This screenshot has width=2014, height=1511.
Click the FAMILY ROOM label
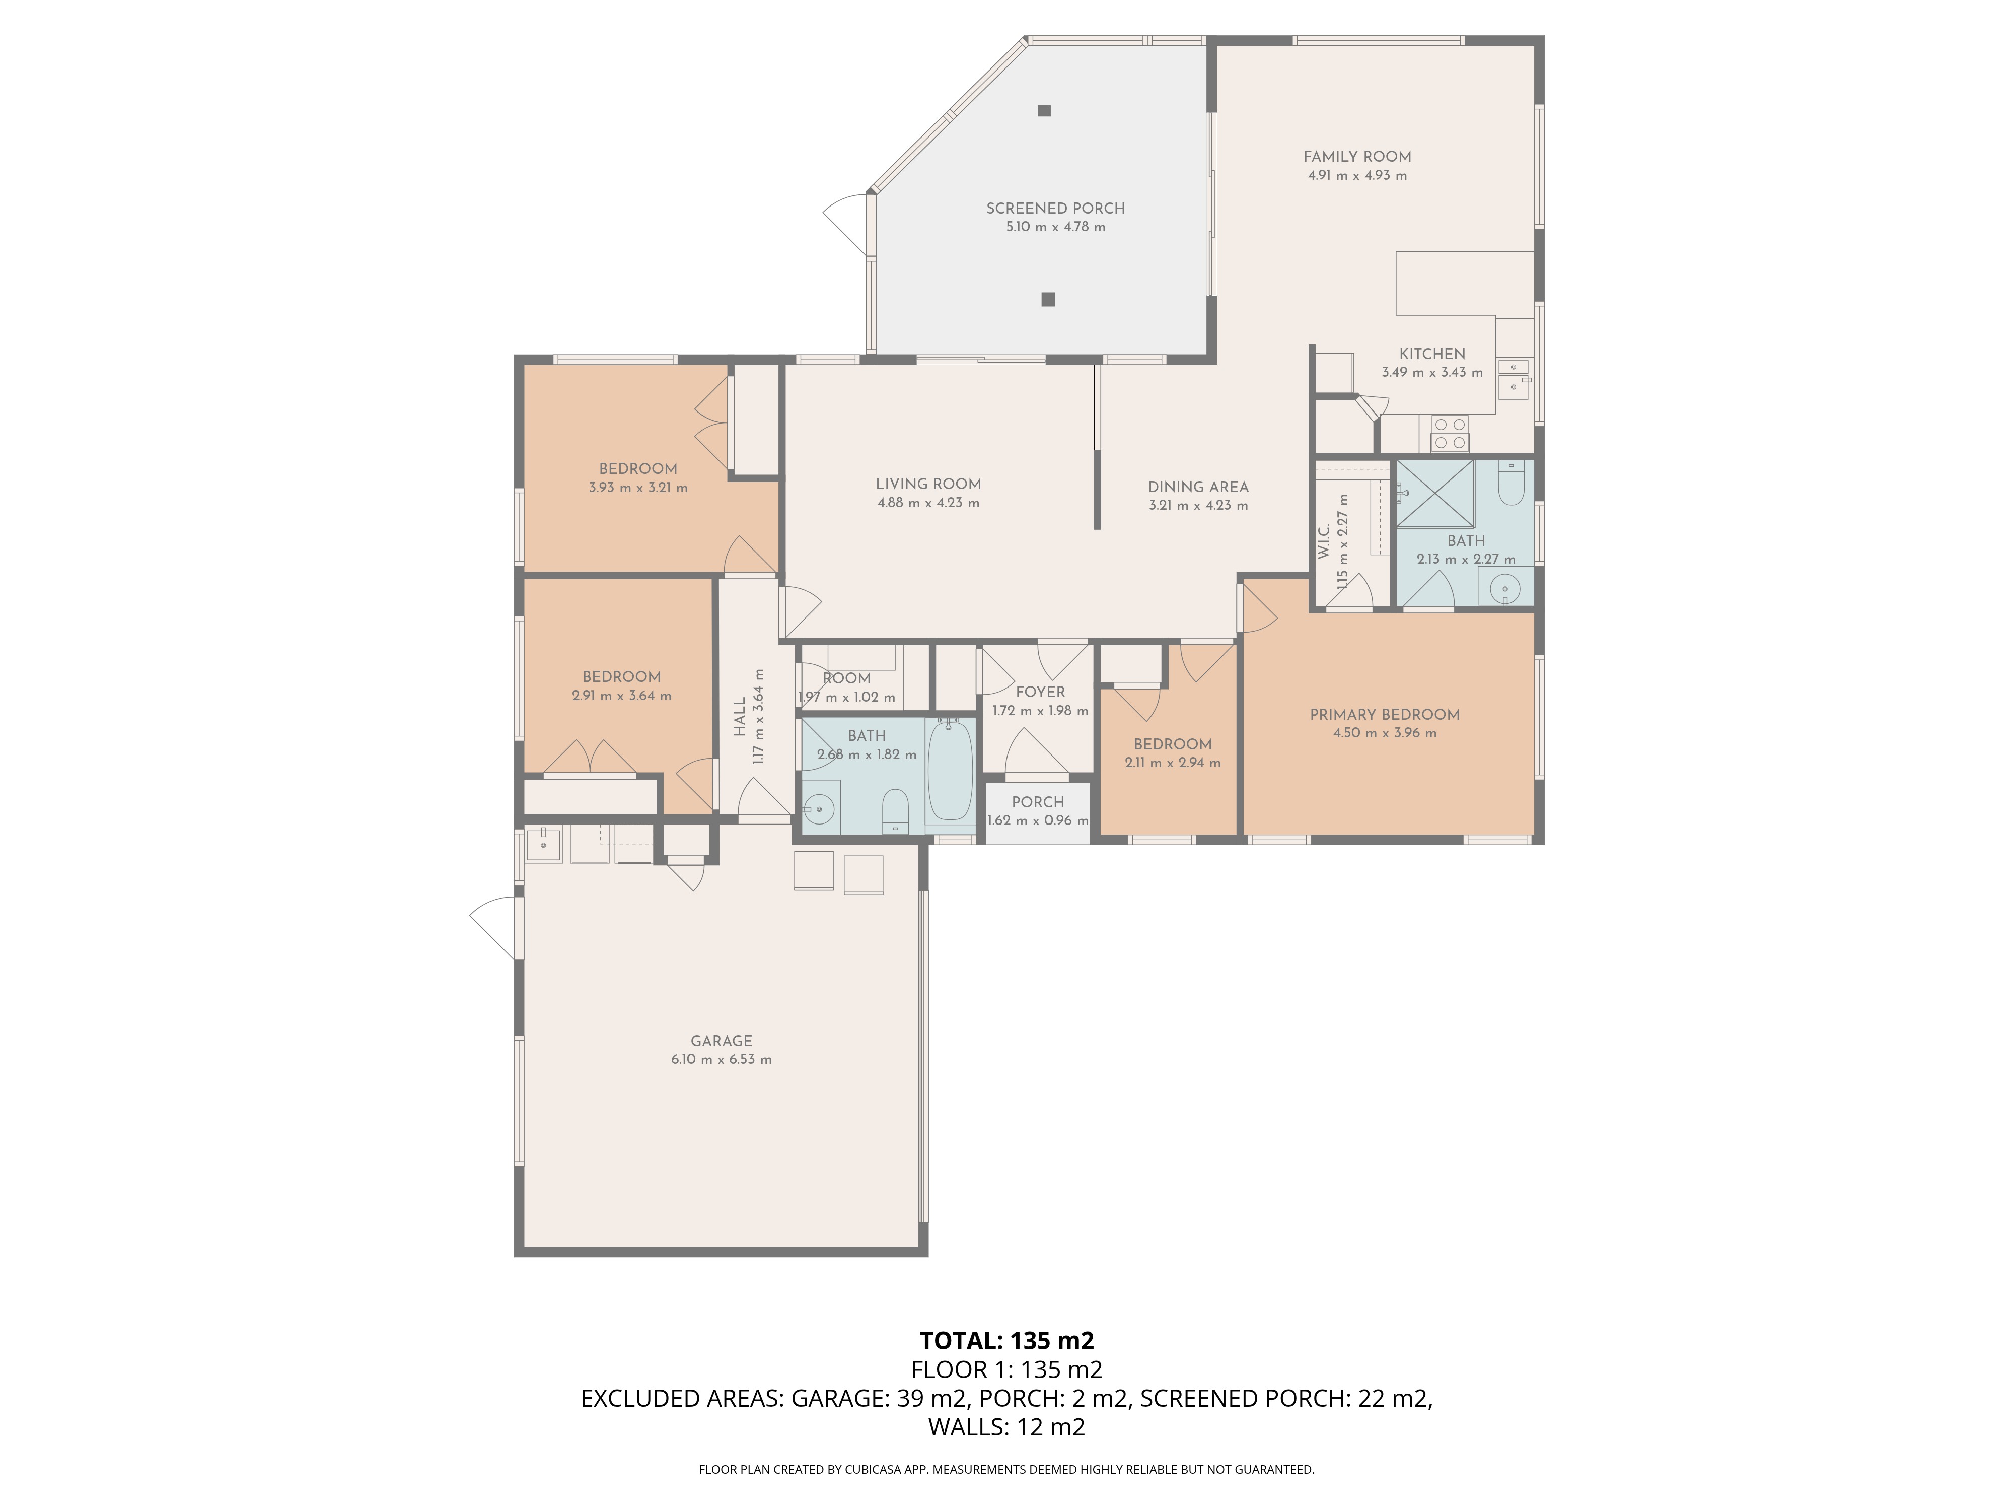1356,157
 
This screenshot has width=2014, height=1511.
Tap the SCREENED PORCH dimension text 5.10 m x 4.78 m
1055,227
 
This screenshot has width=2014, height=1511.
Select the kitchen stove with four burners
1450,434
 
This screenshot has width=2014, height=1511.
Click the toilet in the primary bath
1510,483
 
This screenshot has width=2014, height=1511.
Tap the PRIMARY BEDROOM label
1384,715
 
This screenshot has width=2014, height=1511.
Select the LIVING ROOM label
928,485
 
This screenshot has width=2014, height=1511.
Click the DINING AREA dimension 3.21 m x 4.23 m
1198,506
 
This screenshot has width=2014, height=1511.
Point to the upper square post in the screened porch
1044,111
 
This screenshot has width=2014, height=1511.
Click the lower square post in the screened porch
1048,299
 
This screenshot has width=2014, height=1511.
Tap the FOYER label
1040,692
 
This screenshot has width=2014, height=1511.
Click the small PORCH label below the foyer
1038,802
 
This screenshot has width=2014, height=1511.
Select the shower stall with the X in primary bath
1435,494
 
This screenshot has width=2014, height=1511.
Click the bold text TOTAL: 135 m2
1007,1341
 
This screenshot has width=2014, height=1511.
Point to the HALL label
739,718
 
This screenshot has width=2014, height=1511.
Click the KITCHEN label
1432,354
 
